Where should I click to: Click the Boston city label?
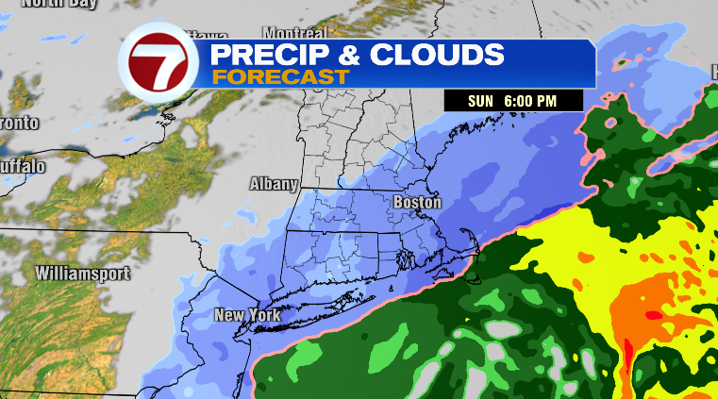pyautogui.click(x=417, y=202)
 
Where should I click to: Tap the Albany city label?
pyautogui.click(x=274, y=184)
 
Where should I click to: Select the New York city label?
pyautogui.click(x=246, y=315)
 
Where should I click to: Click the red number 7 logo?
pyautogui.click(x=157, y=65)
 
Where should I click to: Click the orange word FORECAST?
pyautogui.click(x=279, y=77)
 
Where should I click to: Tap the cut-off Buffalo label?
pyautogui.click(x=22, y=167)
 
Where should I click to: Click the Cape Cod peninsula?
pyautogui.click(x=468, y=251)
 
